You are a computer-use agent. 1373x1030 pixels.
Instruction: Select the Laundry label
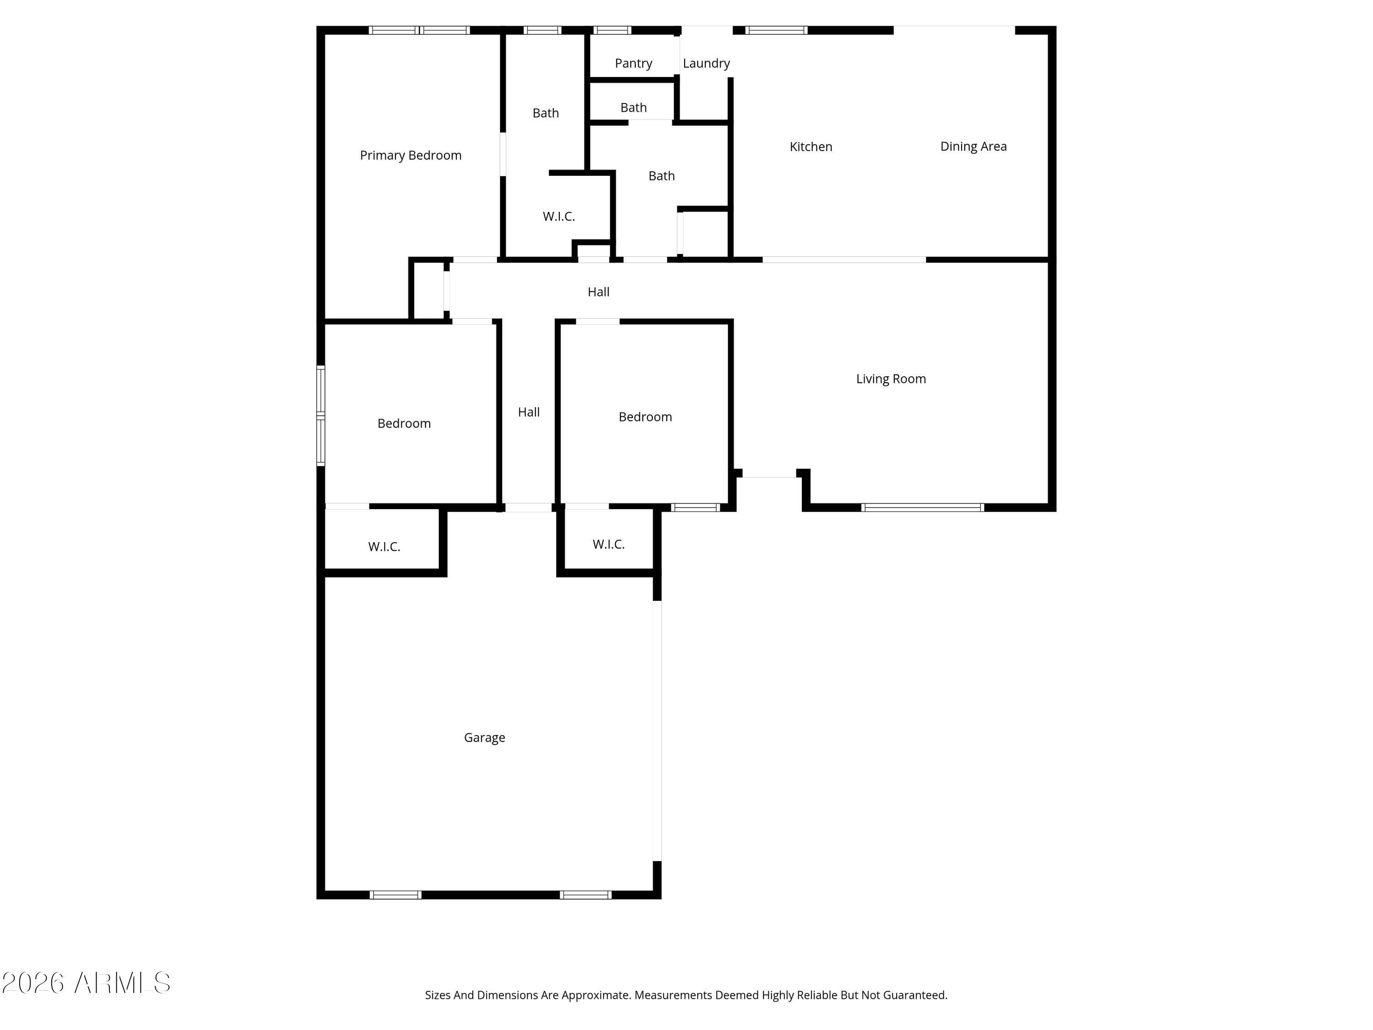(706, 63)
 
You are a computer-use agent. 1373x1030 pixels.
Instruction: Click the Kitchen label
(811, 146)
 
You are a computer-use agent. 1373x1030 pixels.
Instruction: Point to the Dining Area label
(973, 146)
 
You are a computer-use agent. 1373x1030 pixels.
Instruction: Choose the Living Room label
(891, 379)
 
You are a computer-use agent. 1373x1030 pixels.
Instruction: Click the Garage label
(484, 737)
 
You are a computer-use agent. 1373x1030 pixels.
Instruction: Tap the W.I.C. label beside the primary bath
(559, 216)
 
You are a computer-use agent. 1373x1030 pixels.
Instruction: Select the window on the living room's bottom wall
(922, 507)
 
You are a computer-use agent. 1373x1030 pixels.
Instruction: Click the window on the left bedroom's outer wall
(321, 415)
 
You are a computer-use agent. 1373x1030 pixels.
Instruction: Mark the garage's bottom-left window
(395, 894)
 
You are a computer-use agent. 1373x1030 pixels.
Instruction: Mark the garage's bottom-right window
(585, 894)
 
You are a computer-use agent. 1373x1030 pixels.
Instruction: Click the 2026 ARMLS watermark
(86, 983)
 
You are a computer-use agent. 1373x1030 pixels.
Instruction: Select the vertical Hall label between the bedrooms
(529, 412)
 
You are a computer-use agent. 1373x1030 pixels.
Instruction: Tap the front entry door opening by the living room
(769, 476)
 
